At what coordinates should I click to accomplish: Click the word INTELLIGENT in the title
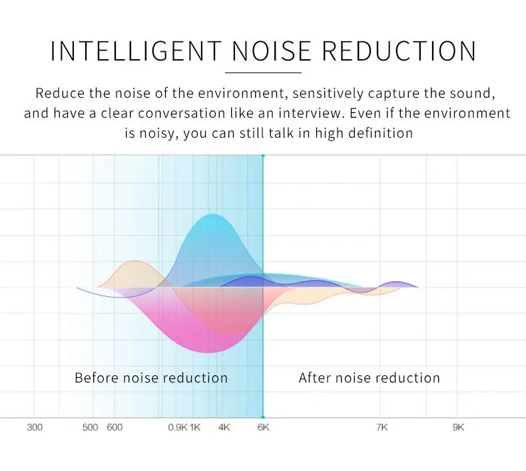click(136, 51)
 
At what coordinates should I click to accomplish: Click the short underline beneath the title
click(263, 72)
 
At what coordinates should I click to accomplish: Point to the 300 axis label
click(35, 427)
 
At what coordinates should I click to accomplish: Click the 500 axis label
click(90, 427)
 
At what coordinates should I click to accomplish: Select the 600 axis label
click(115, 427)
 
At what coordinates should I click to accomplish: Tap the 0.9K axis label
click(177, 427)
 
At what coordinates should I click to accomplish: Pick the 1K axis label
click(195, 427)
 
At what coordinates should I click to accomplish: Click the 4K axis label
click(224, 427)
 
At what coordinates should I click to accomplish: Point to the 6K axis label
click(263, 427)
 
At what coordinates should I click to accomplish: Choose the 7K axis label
click(382, 427)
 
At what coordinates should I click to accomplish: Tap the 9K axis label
click(458, 427)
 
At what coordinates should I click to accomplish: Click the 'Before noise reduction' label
click(151, 378)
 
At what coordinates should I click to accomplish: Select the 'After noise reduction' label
click(370, 378)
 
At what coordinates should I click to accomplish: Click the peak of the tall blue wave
click(213, 215)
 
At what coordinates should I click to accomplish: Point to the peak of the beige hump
click(135, 261)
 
